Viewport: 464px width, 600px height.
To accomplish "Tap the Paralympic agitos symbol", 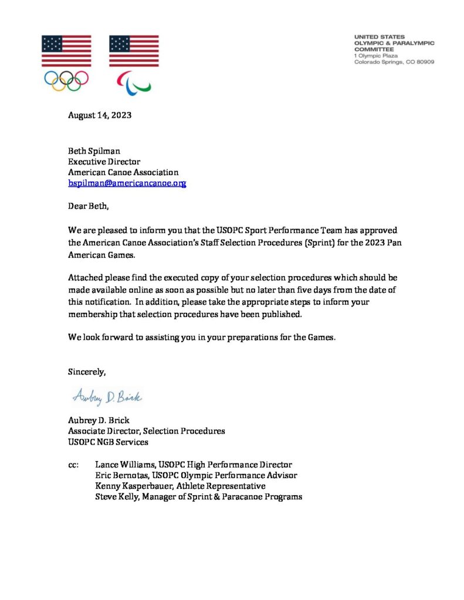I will (x=134, y=82).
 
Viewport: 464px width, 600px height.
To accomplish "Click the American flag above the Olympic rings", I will (x=66, y=51).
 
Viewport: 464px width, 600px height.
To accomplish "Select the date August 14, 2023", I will (x=100, y=115).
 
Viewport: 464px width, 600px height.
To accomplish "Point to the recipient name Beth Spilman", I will (x=94, y=151).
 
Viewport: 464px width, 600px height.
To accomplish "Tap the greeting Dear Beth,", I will (x=89, y=206).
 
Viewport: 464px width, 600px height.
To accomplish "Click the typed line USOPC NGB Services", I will (x=107, y=442).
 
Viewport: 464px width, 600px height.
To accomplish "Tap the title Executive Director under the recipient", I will (x=104, y=162).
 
